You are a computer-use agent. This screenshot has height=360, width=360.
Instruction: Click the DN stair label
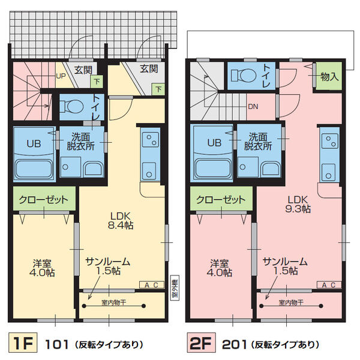point(254,107)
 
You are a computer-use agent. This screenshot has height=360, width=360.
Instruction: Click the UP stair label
point(61,76)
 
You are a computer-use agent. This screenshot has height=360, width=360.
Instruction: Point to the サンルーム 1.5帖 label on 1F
point(107,266)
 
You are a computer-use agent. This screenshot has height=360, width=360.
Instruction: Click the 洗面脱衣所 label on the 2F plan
point(258,141)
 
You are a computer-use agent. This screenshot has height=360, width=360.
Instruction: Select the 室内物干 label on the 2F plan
point(290,302)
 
